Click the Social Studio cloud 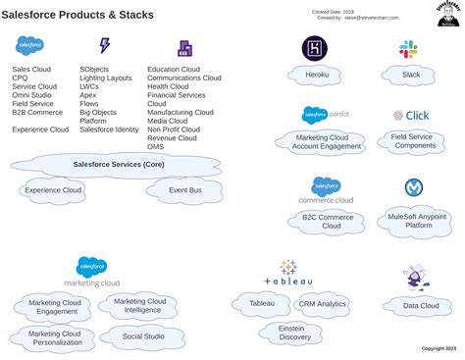point(143,336)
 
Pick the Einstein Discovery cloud point(290,333)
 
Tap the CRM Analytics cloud point(323,304)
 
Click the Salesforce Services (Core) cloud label point(119,164)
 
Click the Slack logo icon point(408,49)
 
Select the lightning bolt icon point(105,46)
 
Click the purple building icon point(184,48)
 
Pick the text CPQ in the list point(20,78)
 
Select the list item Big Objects point(99,113)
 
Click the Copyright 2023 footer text point(439,348)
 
